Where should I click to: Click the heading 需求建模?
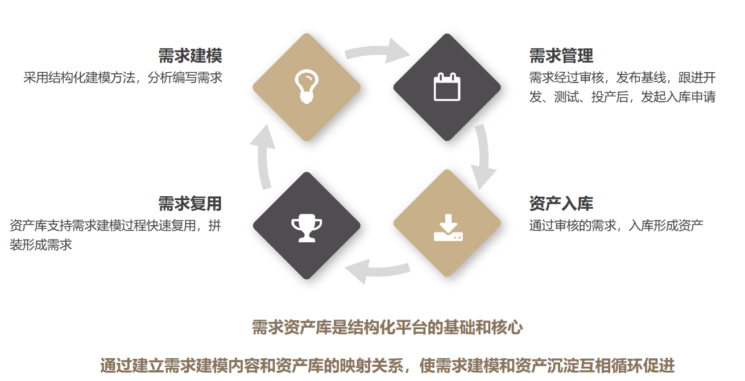pyautogui.click(x=190, y=56)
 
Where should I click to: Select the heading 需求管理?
pyautogui.click(x=561, y=56)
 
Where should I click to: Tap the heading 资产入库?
pyautogui.click(x=561, y=204)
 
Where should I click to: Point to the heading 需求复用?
pyautogui.click(x=190, y=204)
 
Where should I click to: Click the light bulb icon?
pyautogui.click(x=307, y=86)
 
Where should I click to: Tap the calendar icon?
pyautogui.click(x=448, y=87)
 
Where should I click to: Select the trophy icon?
pyautogui.click(x=307, y=227)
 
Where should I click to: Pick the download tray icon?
pyautogui.click(x=448, y=227)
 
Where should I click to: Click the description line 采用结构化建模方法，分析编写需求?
pyautogui.click(x=123, y=78)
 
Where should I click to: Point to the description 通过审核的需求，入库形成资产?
pyautogui.click(x=616, y=226)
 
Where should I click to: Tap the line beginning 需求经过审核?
pyautogui.click(x=622, y=78)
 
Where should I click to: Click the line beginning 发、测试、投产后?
pyautogui.click(x=622, y=97)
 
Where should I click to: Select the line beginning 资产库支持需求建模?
pyautogui.click(x=115, y=226)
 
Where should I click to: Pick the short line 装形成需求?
pyautogui.click(x=40, y=245)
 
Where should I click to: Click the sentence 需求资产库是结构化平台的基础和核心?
pyautogui.click(x=387, y=328)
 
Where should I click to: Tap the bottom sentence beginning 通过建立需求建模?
pyautogui.click(x=387, y=366)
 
